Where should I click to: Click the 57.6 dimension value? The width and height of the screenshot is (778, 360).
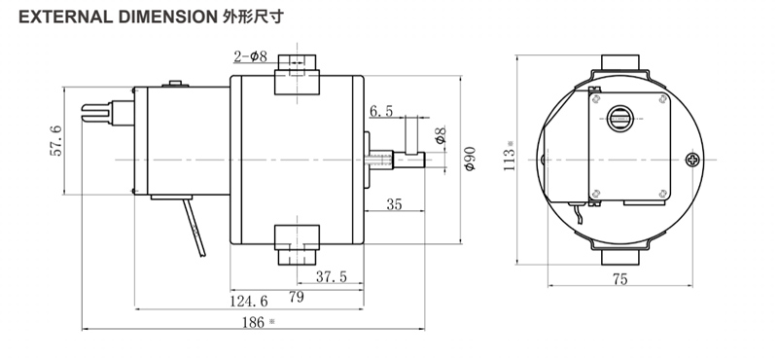tap(55, 141)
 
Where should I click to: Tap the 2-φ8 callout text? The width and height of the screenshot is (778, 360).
tap(251, 56)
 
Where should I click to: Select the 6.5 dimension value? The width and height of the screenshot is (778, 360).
tap(381, 111)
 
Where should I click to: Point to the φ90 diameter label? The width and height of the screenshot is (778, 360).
tap(470, 159)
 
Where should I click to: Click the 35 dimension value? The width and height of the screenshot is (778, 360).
tap(394, 204)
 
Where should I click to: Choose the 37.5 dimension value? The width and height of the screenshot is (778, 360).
tap(332, 276)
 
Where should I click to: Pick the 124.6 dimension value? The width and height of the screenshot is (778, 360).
tap(249, 301)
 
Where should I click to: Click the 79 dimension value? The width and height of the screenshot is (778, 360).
tap(297, 297)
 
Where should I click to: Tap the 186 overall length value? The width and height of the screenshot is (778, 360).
tap(254, 322)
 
